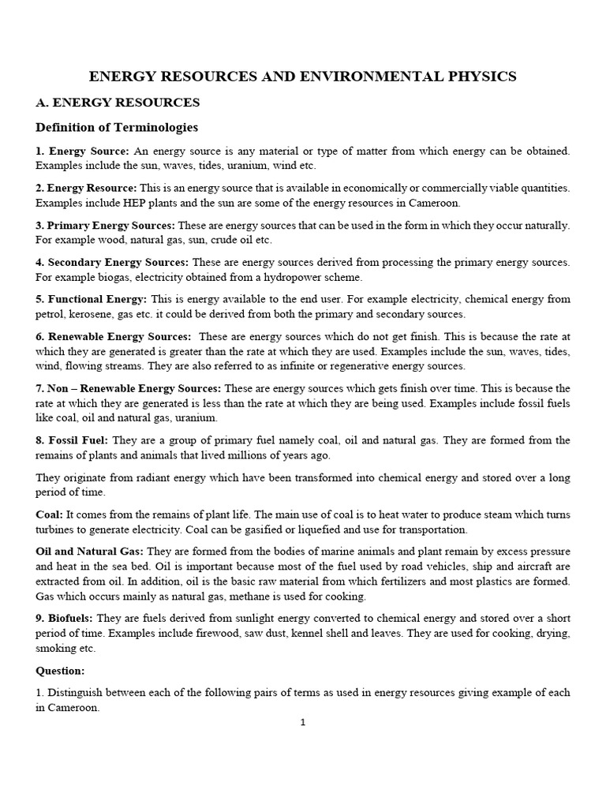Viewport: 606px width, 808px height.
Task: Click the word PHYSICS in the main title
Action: pyautogui.click(x=477, y=77)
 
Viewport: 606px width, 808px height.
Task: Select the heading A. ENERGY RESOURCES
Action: pyautogui.click(x=118, y=103)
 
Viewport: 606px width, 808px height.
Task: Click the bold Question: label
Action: pyautogui.click(x=60, y=670)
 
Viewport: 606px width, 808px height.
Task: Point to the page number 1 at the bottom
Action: pyautogui.click(x=302, y=720)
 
